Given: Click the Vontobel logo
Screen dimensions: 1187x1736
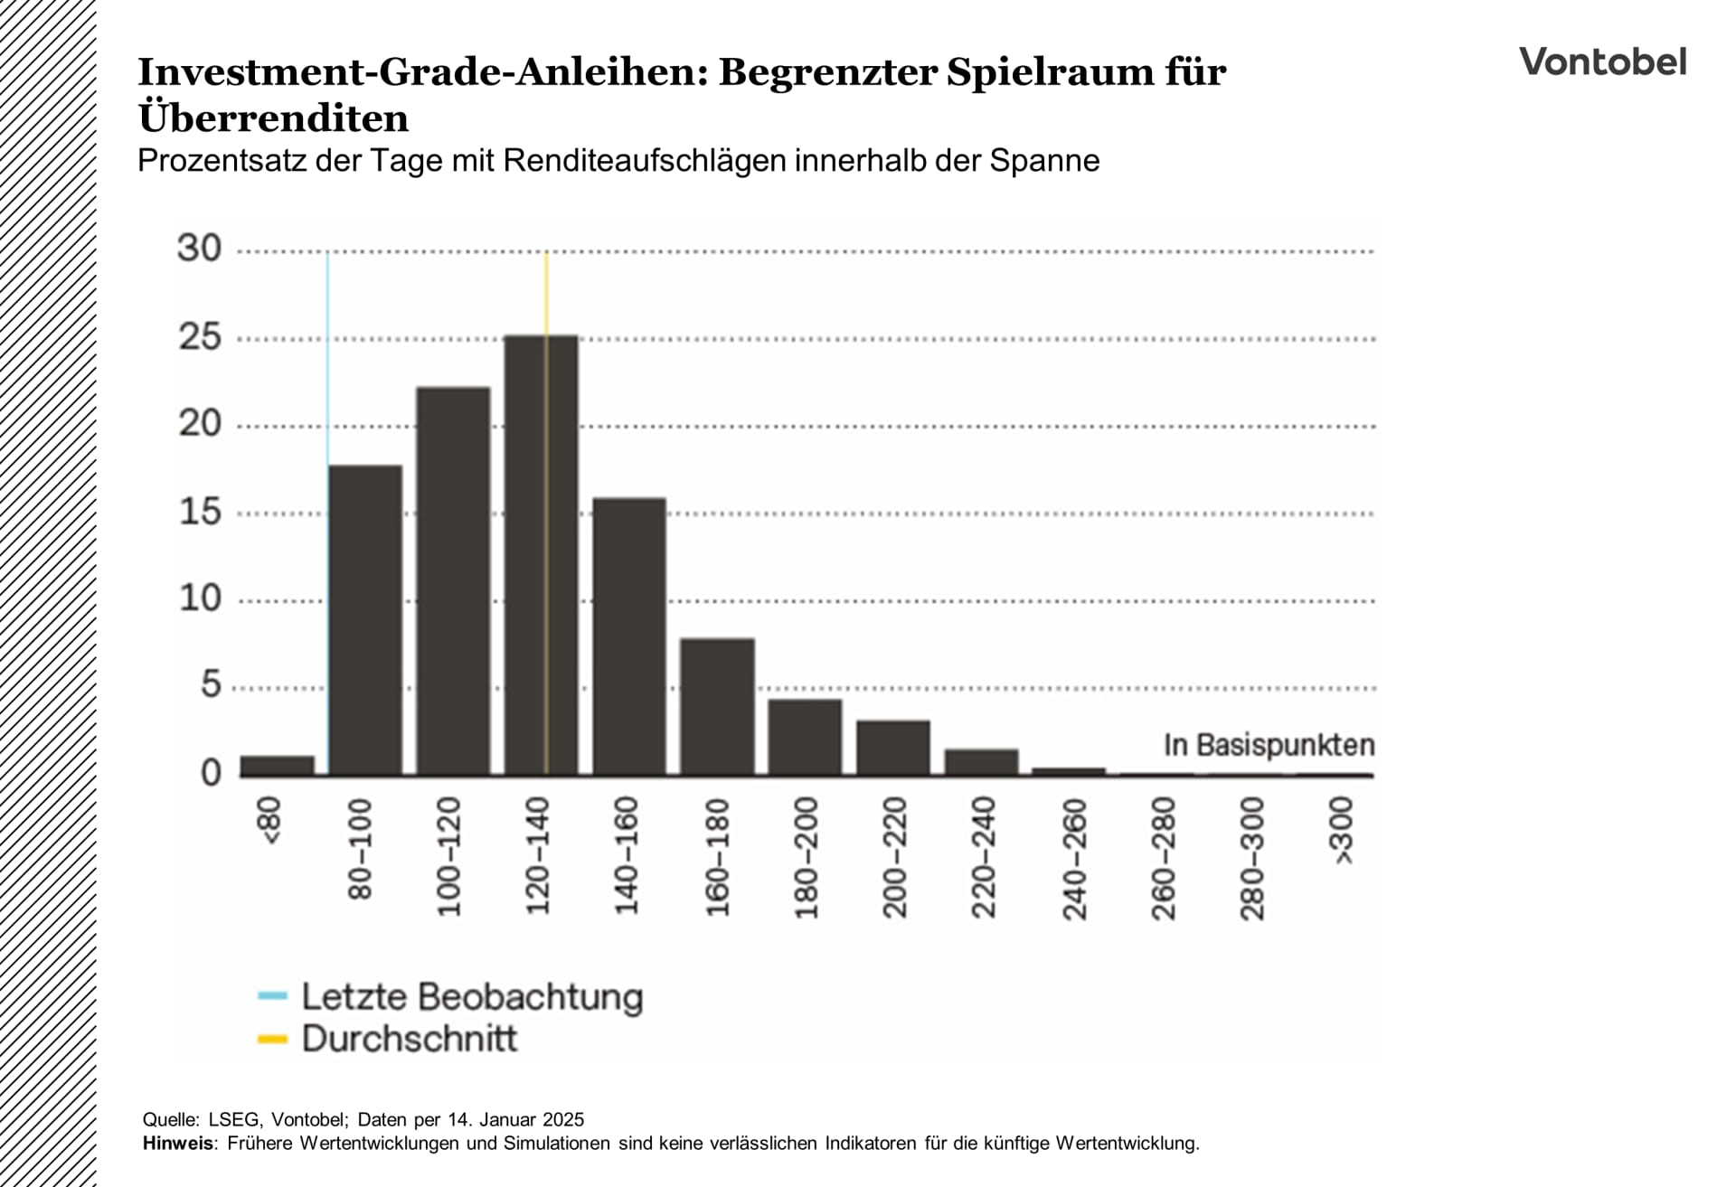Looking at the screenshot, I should (x=1602, y=62).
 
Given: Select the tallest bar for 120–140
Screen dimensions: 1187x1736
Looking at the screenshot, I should (x=541, y=555).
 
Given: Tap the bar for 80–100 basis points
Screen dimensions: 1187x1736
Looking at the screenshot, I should (x=365, y=620).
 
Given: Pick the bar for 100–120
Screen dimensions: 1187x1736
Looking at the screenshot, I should (x=453, y=581).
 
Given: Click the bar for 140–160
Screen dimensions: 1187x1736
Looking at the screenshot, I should (x=629, y=636).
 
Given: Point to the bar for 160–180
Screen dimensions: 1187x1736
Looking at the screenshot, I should (x=717, y=707).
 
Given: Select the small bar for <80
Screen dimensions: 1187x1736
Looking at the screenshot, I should (x=278, y=766).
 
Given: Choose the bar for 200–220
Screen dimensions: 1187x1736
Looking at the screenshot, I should (x=893, y=748).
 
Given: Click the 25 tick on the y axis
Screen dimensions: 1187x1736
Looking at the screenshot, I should (x=200, y=337).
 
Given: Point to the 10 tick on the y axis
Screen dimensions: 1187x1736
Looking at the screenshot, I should (x=200, y=598).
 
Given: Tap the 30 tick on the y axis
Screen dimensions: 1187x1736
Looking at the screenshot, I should (x=200, y=249).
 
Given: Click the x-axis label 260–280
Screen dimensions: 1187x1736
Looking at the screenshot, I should (x=1163, y=859).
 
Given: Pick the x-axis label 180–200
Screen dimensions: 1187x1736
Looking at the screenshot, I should (x=806, y=859).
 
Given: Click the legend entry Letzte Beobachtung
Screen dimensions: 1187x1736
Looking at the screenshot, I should (x=471, y=996).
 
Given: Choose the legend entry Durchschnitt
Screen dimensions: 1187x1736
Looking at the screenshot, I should (x=409, y=1039).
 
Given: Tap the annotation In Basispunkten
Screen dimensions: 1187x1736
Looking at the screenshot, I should (x=1269, y=746).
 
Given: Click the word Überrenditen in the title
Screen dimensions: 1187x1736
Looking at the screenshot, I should (x=273, y=118).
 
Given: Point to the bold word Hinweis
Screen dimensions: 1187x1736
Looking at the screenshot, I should (x=178, y=1144).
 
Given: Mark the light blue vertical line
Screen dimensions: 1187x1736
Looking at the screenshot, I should (x=327, y=362).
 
